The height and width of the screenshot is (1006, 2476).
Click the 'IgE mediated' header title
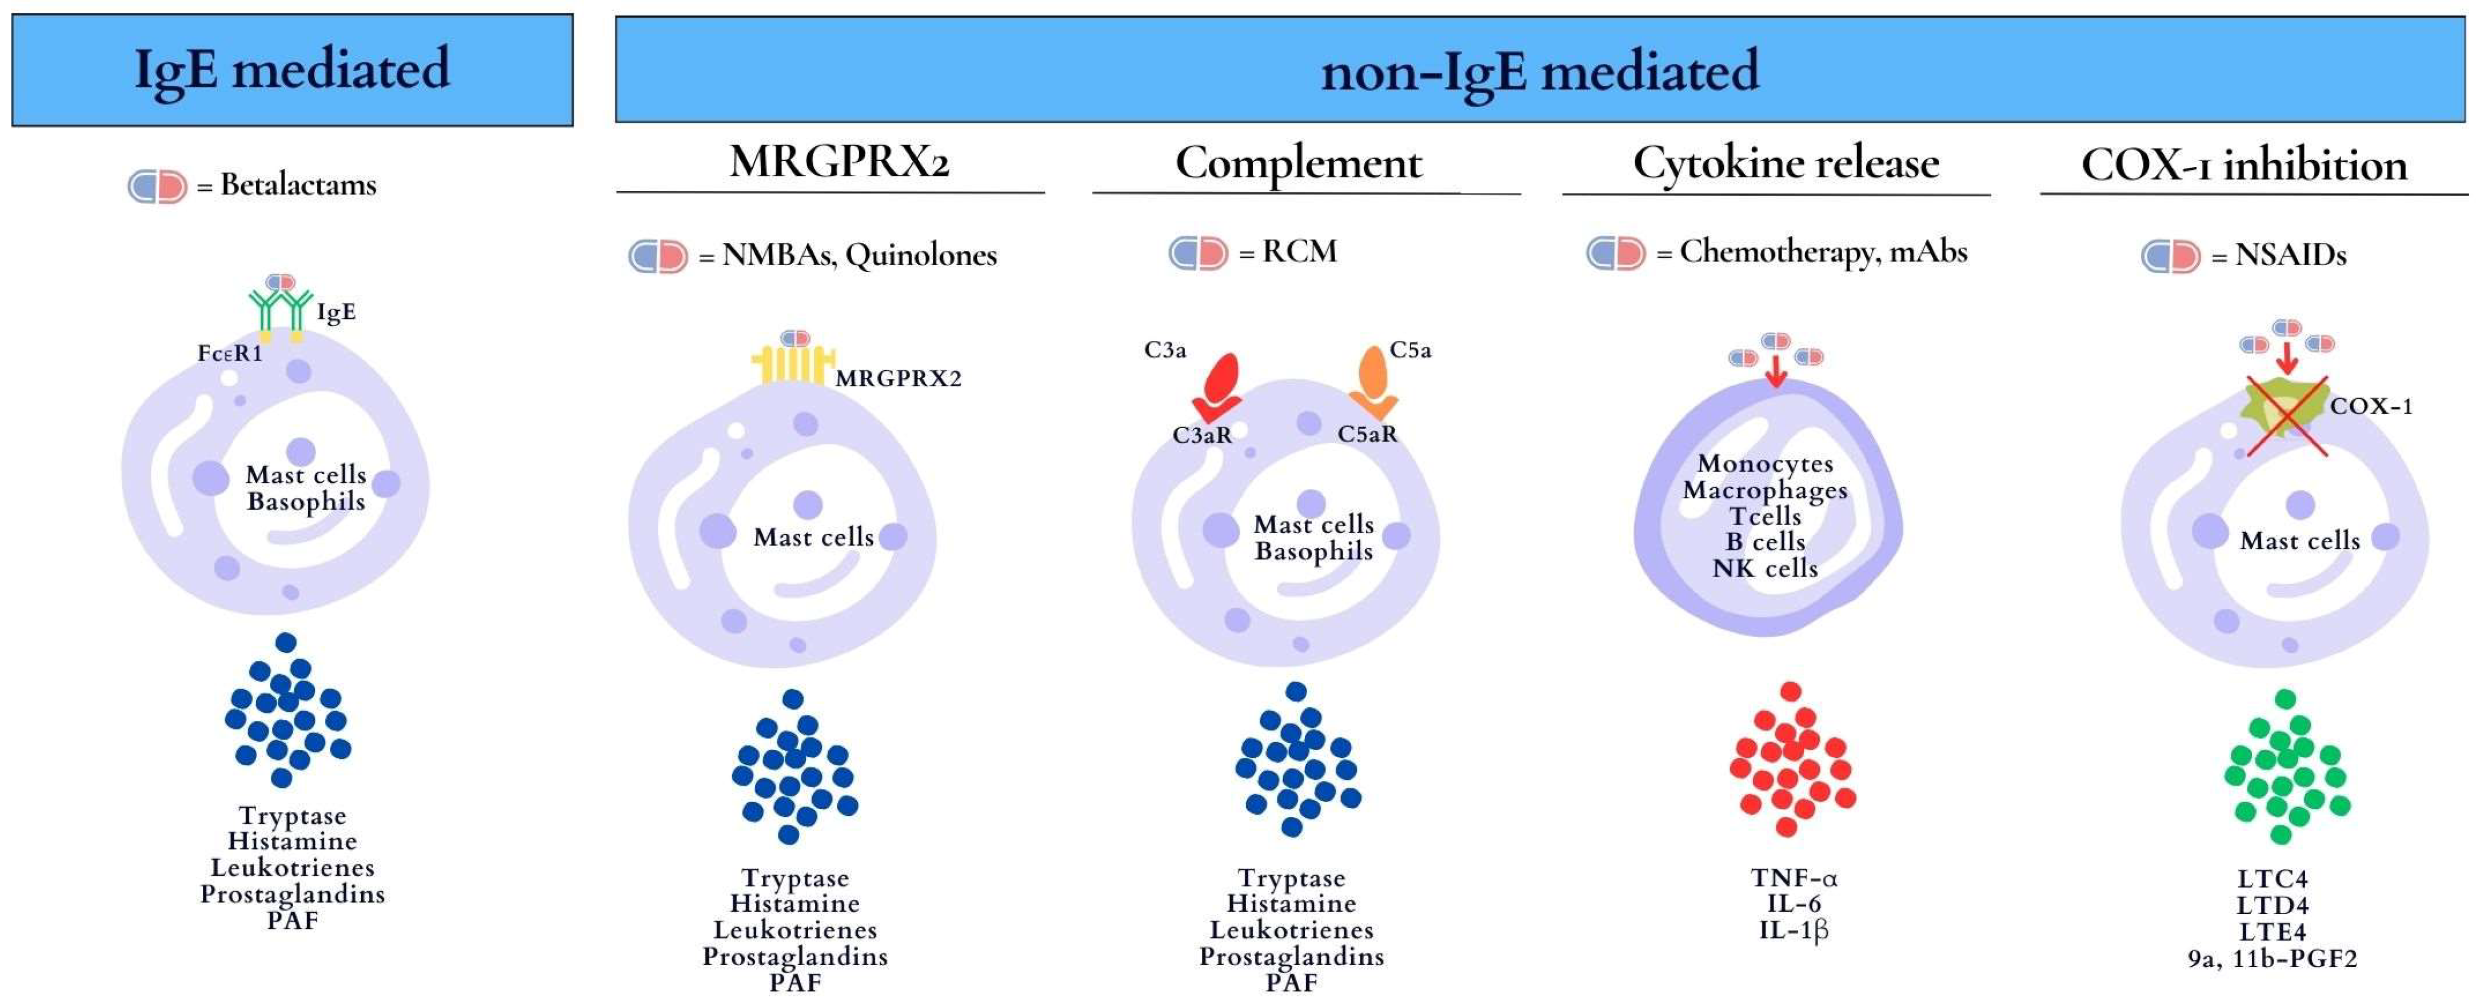pos(292,69)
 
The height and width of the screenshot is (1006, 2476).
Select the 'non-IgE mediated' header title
pos(1540,71)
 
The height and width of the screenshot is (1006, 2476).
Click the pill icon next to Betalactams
pos(158,186)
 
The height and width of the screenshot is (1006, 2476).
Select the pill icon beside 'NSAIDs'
pos(2170,256)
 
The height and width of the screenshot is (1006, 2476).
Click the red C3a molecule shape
pos(1218,384)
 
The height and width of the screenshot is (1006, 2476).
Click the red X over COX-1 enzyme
pos(2287,416)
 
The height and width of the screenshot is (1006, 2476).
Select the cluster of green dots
pos(2287,766)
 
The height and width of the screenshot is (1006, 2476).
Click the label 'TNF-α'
pos(1794,878)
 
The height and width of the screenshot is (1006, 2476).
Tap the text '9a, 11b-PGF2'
pos(2272,958)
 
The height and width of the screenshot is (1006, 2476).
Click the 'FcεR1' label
pos(230,354)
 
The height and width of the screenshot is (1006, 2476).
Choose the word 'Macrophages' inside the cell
pos(1765,490)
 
